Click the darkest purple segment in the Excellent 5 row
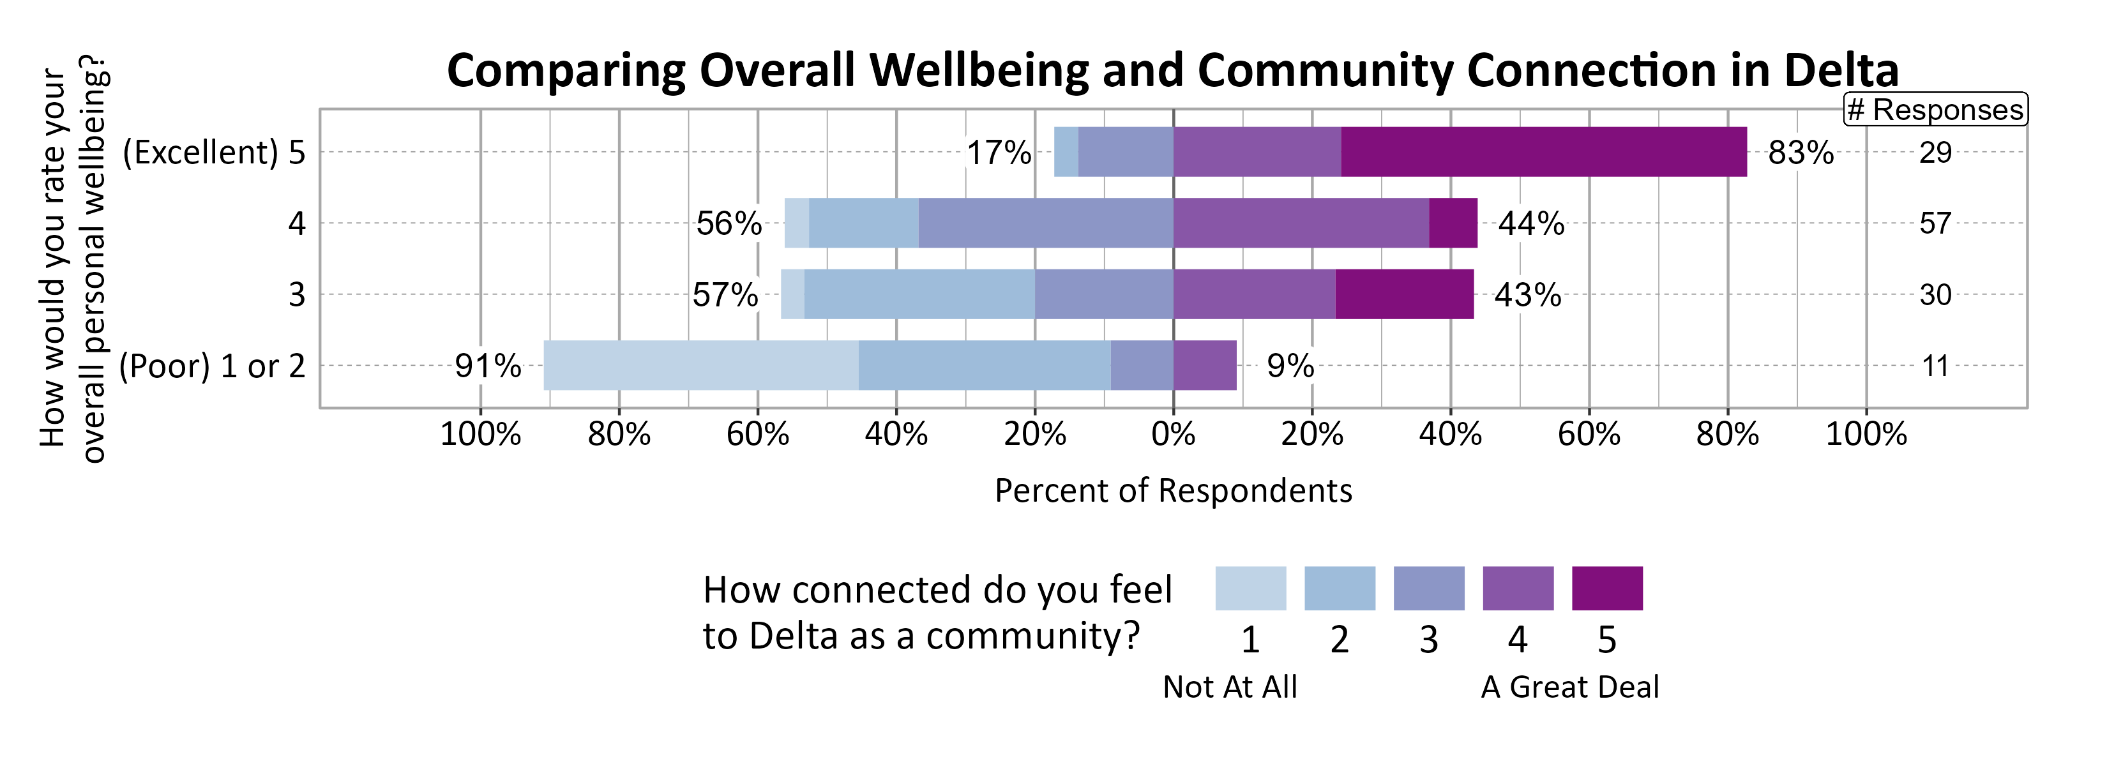(1543, 152)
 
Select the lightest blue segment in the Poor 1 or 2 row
(701, 365)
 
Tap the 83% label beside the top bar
(1801, 153)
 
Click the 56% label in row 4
(729, 224)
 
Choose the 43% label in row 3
(1527, 295)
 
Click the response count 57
(1935, 224)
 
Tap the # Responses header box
(1935, 110)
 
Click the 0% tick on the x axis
(1173, 434)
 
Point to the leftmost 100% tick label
(480, 434)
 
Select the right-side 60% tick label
(1589, 434)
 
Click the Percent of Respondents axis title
(1173, 490)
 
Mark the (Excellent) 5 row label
(213, 153)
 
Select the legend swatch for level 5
(1606, 589)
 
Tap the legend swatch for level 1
(1250, 589)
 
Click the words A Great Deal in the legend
(1569, 687)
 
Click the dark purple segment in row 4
(1453, 223)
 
